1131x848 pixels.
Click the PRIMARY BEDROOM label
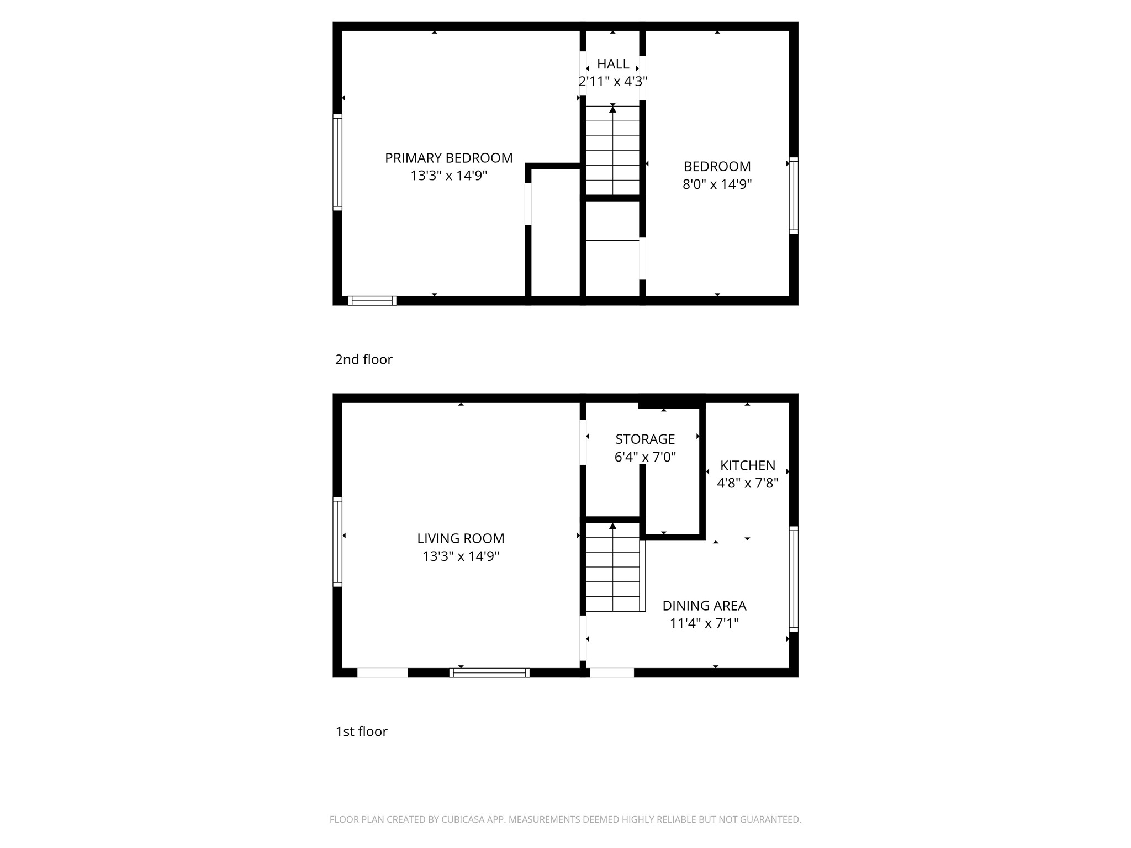[x=448, y=158]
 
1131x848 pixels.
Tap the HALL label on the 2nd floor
[x=613, y=64]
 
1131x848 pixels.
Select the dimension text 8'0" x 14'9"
[x=717, y=184]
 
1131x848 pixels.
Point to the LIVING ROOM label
[x=461, y=538]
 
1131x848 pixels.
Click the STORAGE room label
[x=645, y=439]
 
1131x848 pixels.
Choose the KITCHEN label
[x=748, y=466]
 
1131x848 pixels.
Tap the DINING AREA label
[x=704, y=606]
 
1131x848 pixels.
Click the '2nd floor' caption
[x=363, y=360]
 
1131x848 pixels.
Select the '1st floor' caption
[x=362, y=732]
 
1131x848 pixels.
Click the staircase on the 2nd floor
[x=612, y=150]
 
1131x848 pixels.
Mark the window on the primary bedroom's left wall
[x=337, y=162]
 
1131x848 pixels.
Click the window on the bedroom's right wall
[x=794, y=195]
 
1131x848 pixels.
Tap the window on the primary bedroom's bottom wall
[x=372, y=301]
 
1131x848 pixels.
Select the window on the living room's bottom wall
[x=489, y=673]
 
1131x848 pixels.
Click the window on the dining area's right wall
[x=794, y=579]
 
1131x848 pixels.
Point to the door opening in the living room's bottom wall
[x=383, y=673]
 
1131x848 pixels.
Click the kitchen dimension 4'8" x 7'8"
[x=748, y=484]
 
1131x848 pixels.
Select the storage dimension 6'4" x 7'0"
[x=645, y=457]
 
